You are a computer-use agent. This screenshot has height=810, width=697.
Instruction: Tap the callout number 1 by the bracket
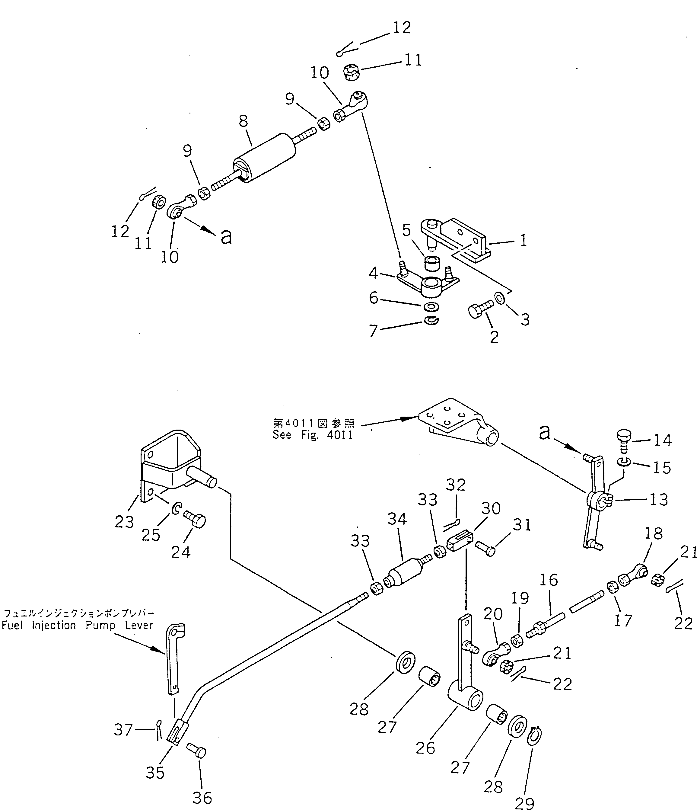pyautogui.click(x=524, y=240)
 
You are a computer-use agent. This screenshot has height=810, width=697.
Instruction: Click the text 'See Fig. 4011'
pyautogui.click(x=313, y=435)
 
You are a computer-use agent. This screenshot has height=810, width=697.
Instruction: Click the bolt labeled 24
pyautogui.click(x=195, y=520)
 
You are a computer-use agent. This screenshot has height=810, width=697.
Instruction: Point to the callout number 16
pyautogui.click(x=549, y=580)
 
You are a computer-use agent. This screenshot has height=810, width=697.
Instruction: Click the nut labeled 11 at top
pyautogui.click(x=352, y=73)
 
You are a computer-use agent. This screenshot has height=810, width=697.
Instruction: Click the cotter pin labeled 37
pyautogui.click(x=159, y=729)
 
